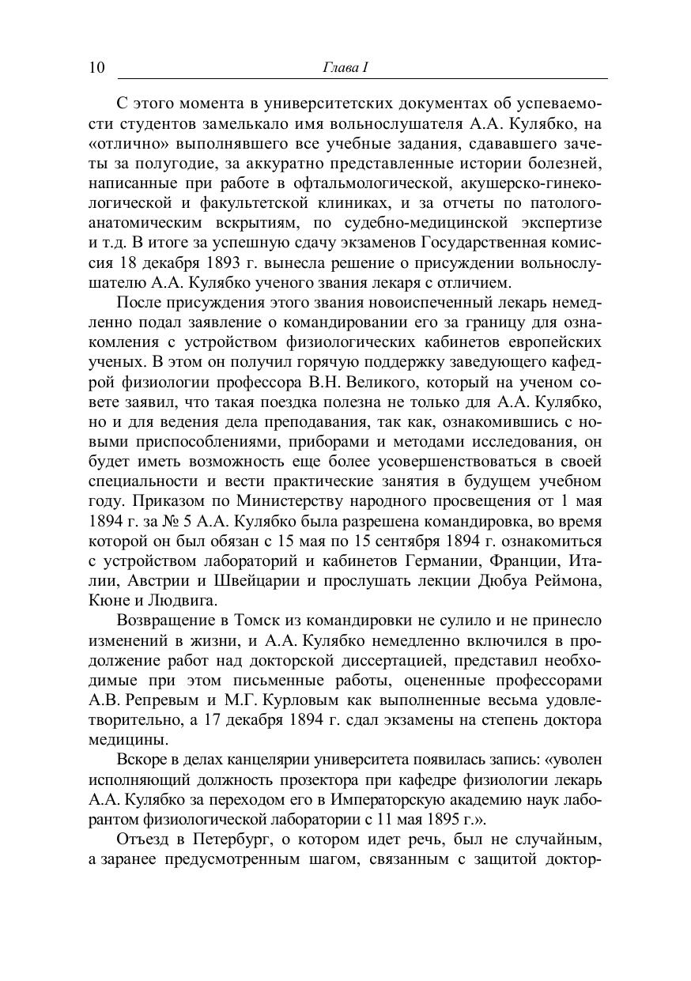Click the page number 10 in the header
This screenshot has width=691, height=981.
96,67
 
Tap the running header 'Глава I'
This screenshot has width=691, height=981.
345,68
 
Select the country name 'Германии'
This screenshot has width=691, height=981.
445,562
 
